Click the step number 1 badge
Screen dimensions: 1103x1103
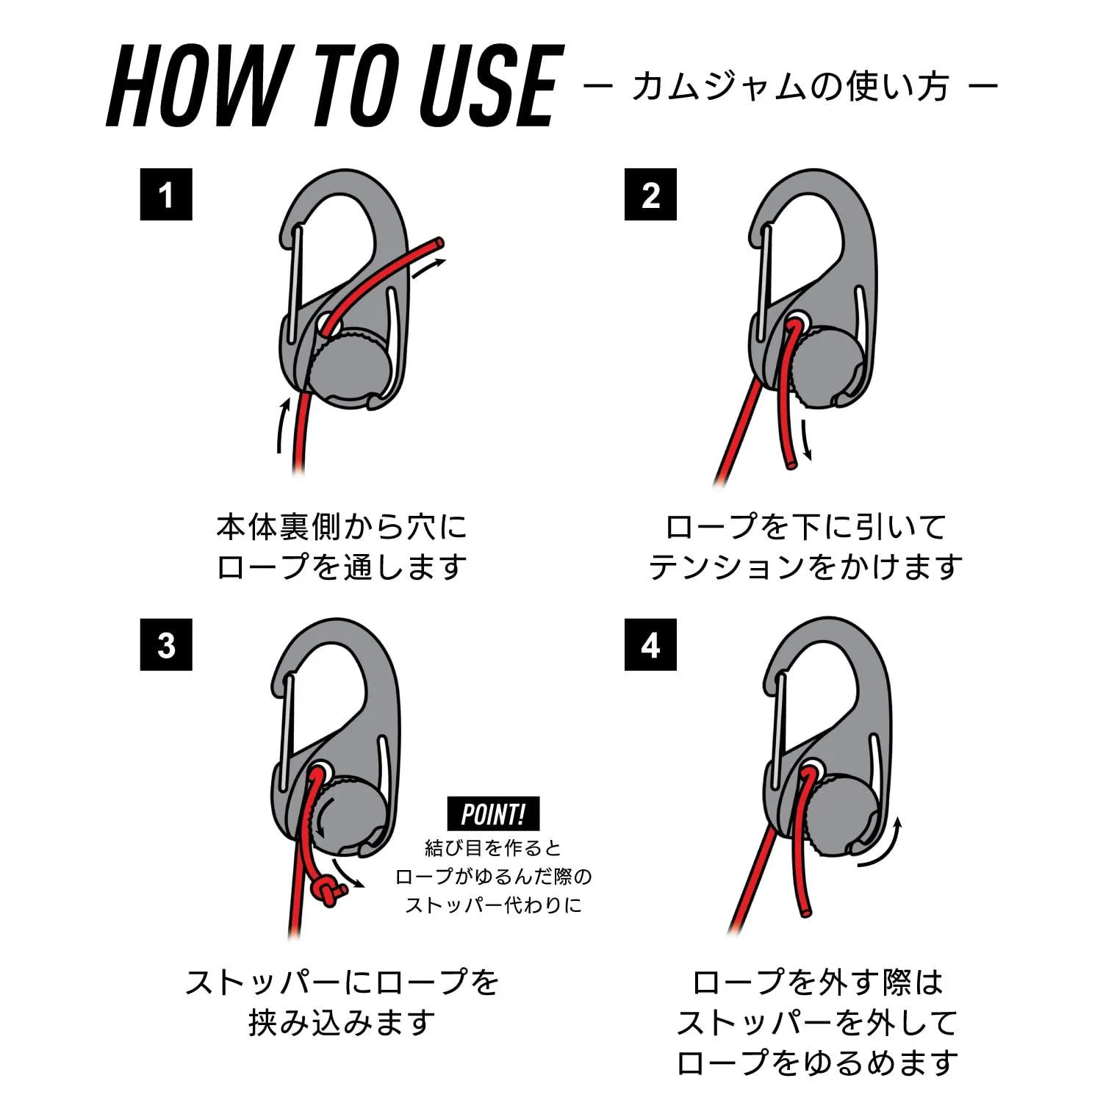click(x=166, y=195)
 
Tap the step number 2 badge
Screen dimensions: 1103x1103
click(x=650, y=195)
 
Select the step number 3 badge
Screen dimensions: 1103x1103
click(x=166, y=644)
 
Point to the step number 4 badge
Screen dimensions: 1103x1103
click(x=650, y=644)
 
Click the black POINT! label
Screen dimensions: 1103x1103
click(x=493, y=814)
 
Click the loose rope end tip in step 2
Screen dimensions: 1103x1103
click(x=790, y=464)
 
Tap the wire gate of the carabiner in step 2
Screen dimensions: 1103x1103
click(x=764, y=279)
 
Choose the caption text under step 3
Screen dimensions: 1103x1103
click(x=342, y=1002)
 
